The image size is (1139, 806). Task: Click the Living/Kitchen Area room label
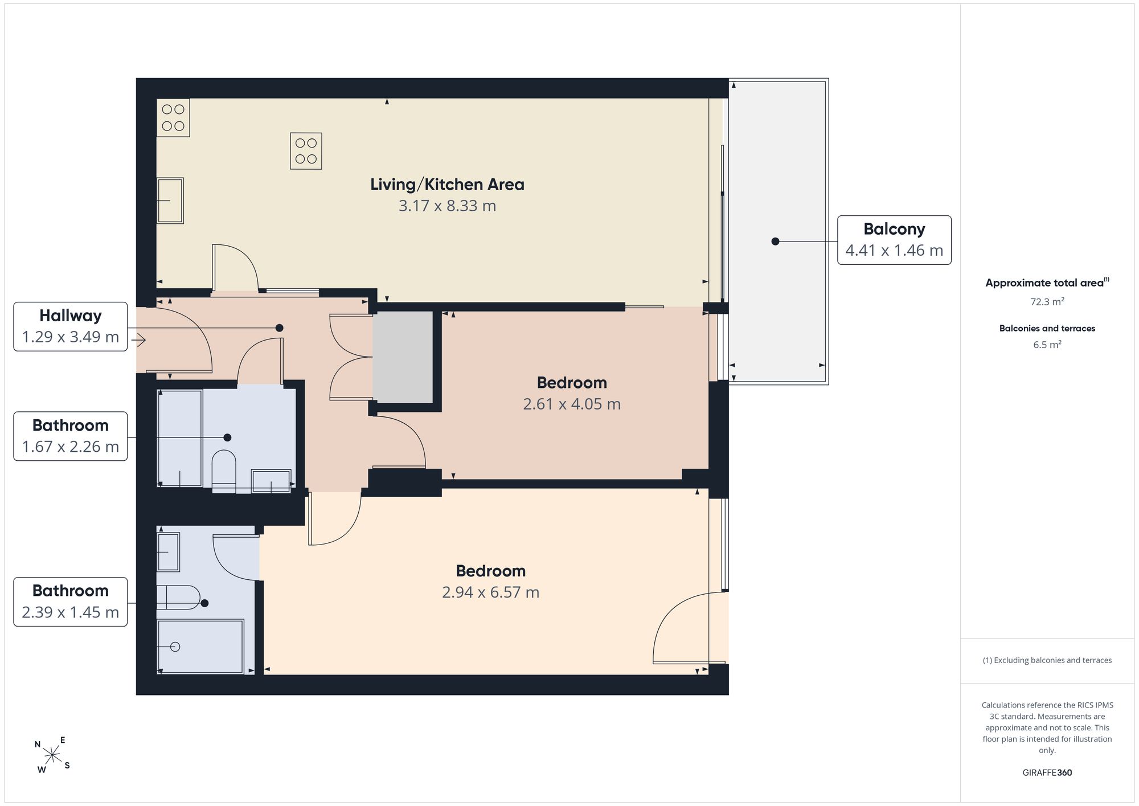[x=447, y=185]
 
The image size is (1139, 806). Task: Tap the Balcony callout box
[x=894, y=240]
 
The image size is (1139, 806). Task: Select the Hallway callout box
[x=71, y=326]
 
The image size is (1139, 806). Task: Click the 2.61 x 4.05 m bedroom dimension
[x=572, y=404]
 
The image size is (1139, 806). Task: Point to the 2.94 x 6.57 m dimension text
[x=490, y=592]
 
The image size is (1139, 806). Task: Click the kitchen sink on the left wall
[x=170, y=201]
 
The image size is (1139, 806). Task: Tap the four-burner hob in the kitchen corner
[x=173, y=117]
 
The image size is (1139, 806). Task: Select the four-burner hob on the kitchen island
[x=306, y=151]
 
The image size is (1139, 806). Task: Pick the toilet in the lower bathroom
[x=178, y=597]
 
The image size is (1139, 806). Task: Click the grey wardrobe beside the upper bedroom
[x=403, y=357]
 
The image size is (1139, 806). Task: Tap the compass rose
[x=52, y=755]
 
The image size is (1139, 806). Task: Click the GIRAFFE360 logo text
[x=1047, y=773]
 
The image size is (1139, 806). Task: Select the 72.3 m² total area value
[x=1047, y=301]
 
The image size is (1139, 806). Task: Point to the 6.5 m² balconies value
[x=1047, y=345]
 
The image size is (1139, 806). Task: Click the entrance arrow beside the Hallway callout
[x=138, y=340]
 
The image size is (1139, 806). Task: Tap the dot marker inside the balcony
[x=775, y=242]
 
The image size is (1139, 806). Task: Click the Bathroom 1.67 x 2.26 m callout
[x=71, y=436]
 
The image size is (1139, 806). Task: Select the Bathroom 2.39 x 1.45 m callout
[x=71, y=602]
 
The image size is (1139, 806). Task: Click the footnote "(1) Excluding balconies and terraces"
[x=1047, y=660]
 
